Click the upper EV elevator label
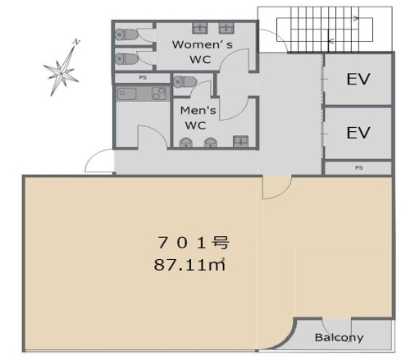[358, 79]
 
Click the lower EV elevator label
[358, 133]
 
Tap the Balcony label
[339, 338]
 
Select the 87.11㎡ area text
[189, 265]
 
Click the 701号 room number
[193, 243]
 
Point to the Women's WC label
[203, 52]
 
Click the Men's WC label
[198, 118]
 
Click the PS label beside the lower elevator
[358, 167]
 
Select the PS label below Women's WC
[143, 78]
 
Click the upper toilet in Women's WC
[126, 34]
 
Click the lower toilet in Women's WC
[126, 59]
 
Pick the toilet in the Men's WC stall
[185, 82]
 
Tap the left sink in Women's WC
[200, 28]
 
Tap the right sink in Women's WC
[226, 28]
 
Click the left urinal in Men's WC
[186, 143]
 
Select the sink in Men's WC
[240, 141]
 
